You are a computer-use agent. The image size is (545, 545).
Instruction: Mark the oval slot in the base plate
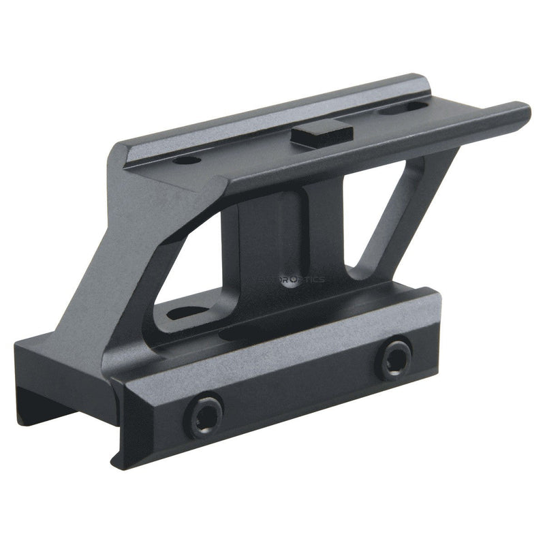[x=187, y=313]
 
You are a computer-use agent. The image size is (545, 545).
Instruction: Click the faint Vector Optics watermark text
[x=289, y=279]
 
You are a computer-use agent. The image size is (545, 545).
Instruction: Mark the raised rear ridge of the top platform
[x=272, y=109]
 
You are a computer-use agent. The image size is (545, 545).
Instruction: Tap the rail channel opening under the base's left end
[x=48, y=409]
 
